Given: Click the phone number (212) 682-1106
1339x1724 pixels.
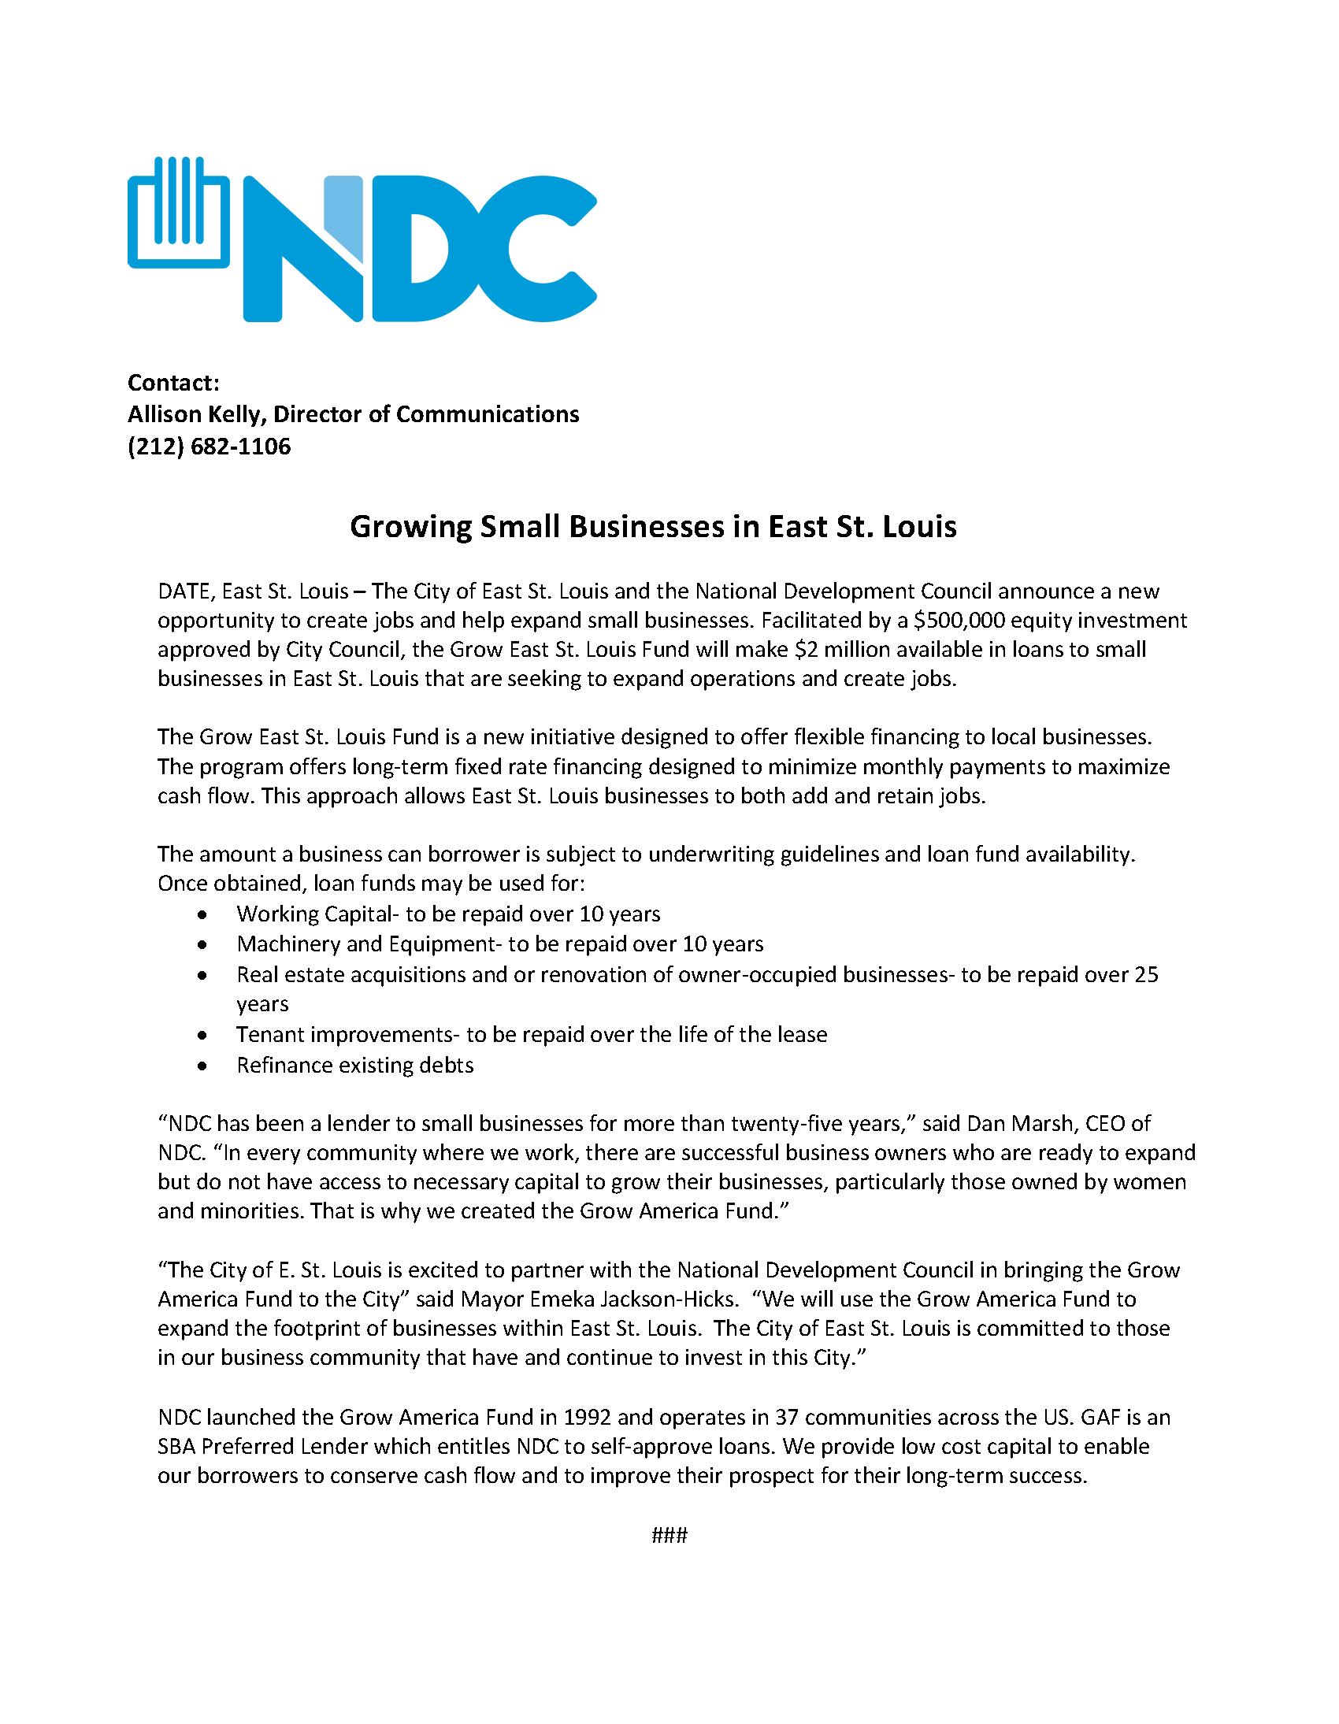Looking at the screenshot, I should point(210,447).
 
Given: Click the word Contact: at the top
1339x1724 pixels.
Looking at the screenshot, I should point(173,383).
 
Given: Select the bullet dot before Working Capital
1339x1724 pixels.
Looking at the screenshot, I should point(204,915).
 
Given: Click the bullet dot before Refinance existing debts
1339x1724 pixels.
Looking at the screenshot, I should point(204,1066).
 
